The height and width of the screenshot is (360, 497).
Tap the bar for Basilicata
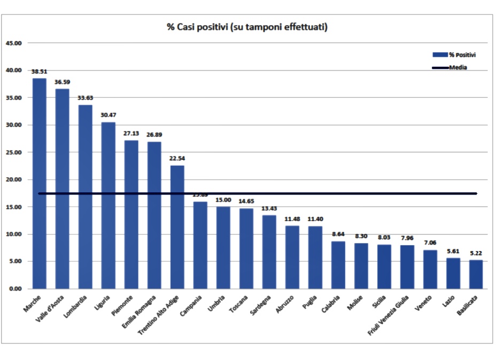476,275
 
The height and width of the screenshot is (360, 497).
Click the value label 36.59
62,82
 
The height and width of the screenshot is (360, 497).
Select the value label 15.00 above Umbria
223,200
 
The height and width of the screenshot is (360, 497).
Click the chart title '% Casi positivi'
247,27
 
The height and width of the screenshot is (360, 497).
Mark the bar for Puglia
315,257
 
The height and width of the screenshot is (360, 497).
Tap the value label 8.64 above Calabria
338,234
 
